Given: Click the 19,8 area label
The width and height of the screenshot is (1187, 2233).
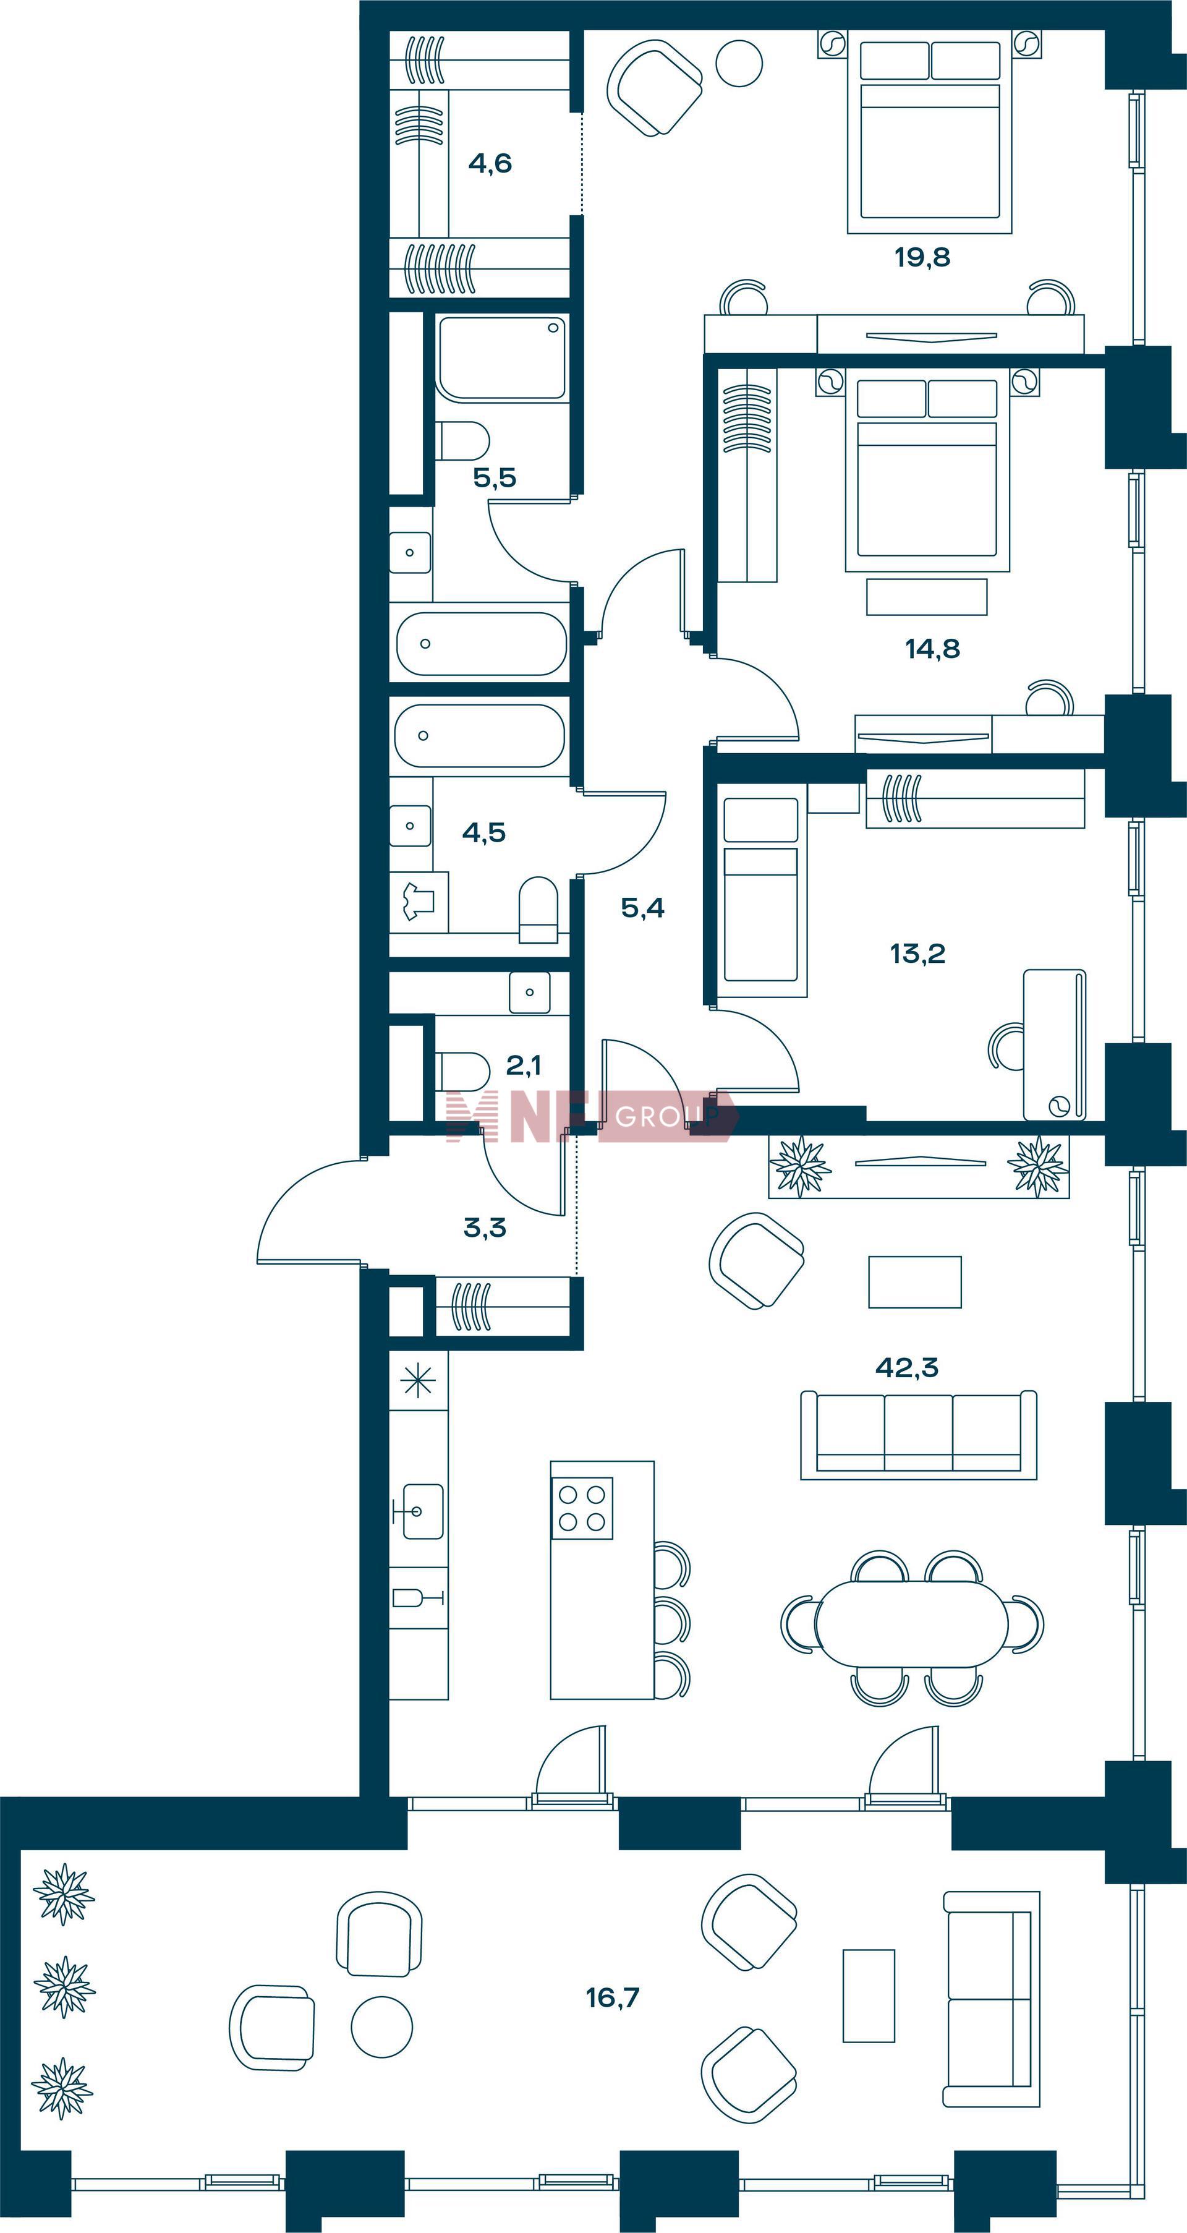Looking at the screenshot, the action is [923, 257].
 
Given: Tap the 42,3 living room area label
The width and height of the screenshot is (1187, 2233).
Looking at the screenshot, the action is [907, 1367].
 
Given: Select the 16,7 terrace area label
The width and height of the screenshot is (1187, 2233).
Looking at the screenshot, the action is [613, 1997].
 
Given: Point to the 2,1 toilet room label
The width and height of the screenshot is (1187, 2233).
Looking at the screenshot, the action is [523, 1064].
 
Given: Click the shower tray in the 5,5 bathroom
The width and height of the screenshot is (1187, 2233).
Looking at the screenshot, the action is [501, 358].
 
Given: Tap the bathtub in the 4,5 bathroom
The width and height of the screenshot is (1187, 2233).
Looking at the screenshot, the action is [479, 736].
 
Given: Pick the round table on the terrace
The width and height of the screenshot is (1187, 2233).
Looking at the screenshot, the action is [381, 2026].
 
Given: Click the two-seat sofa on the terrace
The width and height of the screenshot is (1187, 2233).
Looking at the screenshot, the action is [991, 1999].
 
